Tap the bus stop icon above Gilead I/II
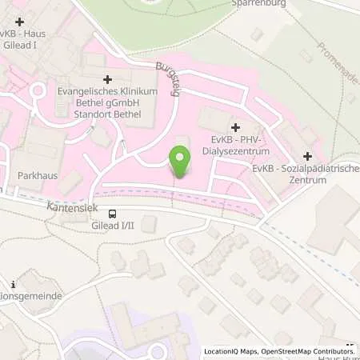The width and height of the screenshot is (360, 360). pos(113,214)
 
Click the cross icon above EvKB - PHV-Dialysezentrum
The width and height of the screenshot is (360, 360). pos(235,127)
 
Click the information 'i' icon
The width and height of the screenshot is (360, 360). pos(14,284)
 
